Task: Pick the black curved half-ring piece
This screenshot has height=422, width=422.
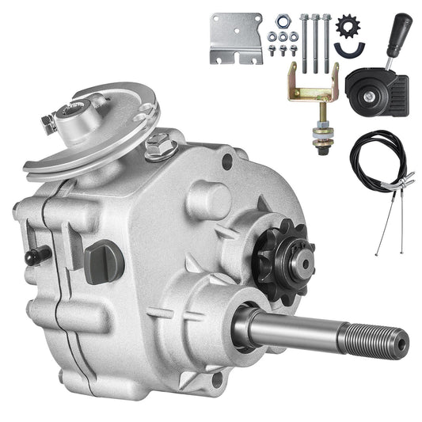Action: [346, 51]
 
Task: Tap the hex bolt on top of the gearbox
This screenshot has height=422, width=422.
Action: [162, 145]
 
